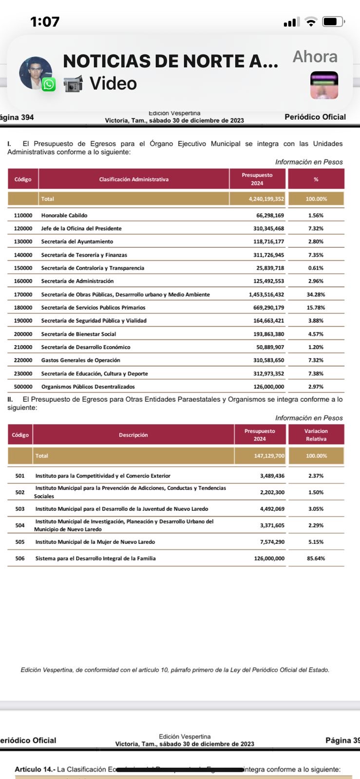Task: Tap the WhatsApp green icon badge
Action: pyautogui.click(x=49, y=85)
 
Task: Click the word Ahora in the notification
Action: pyautogui.click(x=315, y=57)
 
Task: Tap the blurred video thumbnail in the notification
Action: pyautogui.click(x=324, y=85)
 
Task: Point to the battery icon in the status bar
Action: pyautogui.click(x=333, y=22)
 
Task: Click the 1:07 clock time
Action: pyautogui.click(x=45, y=22)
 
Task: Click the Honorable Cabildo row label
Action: pyautogui.click(x=64, y=215)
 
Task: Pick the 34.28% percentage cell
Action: pyautogui.click(x=316, y=295)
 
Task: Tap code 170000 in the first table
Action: pyautogui.click(x=23, y=295)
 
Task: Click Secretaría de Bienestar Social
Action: pyautogui.click(x=78, y=334)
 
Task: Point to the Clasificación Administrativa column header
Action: pyautogui.click(x=133, y=179)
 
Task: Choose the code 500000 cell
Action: pyautogui.click(x=23, y=387)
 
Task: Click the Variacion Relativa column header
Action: pyautogui.click(x=316, y=435)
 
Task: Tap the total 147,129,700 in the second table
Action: pyautogui.click(x=269, y=456)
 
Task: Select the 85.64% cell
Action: pyautogui.click(x=316, y=558)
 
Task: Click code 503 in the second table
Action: pyautogui.click(x=20, y=509)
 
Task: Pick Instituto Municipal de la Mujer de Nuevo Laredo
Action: pyautogui.click(x=95, y=542)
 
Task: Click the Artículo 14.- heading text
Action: pyautogui.click(x=35, y=769)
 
